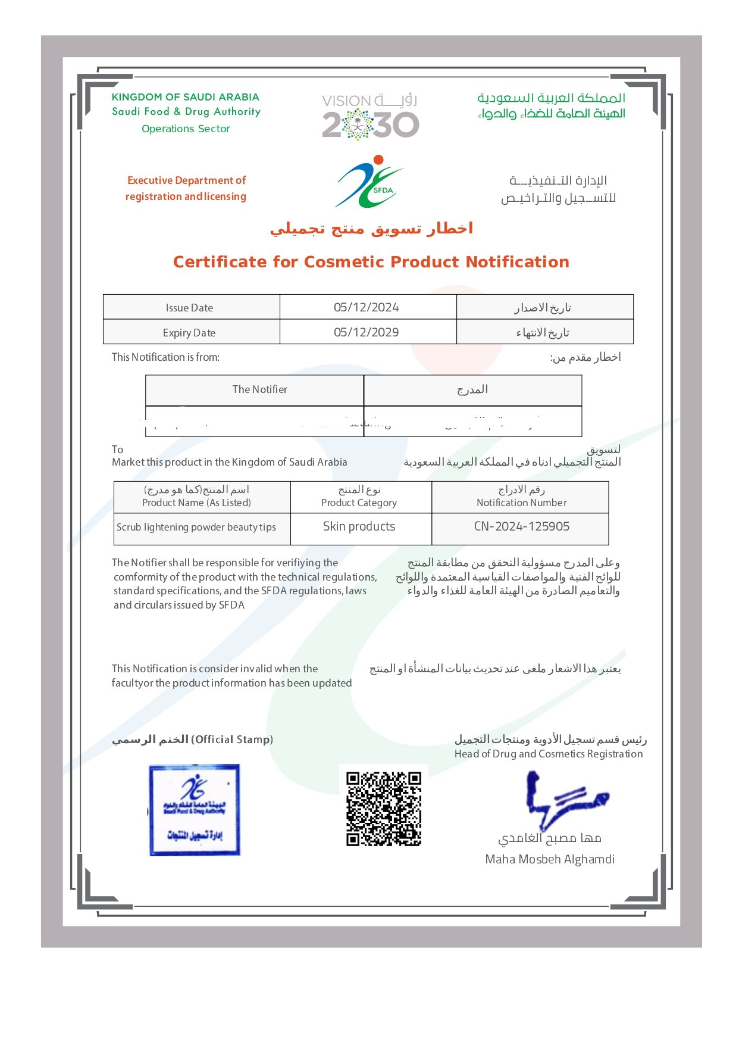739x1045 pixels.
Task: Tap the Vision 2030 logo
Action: click(370, 116)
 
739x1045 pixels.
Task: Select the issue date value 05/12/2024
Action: click(367, 307)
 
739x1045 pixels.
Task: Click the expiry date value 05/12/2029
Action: click(367, 332)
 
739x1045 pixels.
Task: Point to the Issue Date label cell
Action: click(190, 308)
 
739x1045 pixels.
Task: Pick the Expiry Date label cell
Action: click(190, 333)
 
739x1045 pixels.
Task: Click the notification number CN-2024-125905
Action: click(522, 526)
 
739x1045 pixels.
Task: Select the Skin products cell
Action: click(359, 526)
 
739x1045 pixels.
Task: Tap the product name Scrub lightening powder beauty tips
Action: click(196, 527)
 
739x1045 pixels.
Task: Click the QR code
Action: click(384, 809)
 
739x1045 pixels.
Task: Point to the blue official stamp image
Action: click(195, 810)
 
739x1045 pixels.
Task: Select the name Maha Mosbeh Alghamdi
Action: click(550, 859)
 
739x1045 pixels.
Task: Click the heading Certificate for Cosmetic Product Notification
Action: click(371, 262)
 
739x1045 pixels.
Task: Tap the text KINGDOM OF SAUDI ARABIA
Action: click(186, 97)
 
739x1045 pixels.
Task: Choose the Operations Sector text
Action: click(186, 129)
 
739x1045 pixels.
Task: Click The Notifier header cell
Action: click(260, 389)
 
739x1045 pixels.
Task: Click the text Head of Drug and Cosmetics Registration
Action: click(549, 754)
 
